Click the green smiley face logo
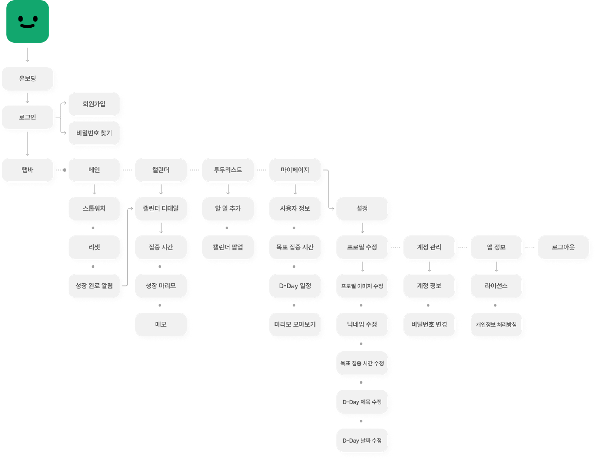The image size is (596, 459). pos(27,21)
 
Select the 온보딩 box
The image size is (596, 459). pos(27,78)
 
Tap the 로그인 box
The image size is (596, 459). pos(27,117)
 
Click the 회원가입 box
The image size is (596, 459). pos(94,104)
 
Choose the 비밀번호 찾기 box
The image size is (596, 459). pos(94,133)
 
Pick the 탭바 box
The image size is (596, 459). pos(27,170)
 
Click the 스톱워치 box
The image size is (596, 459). pos(94,208)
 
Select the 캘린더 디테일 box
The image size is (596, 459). pos(161,208)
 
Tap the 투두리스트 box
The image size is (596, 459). pos(228,170)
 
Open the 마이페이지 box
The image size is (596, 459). pos(295,170)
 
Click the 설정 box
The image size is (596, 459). pos(362,208)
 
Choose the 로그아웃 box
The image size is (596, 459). pos(563,247)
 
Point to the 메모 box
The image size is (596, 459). pos(161,324)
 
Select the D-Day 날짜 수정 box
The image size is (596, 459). pos(362,440)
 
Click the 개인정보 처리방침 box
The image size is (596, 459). pos(496,324)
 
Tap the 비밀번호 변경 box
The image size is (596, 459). pos(429,324)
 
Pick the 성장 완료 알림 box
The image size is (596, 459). pos(94,286)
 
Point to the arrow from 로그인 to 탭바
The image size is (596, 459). pos(27,143)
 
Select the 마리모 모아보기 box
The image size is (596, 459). pos(295,324)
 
